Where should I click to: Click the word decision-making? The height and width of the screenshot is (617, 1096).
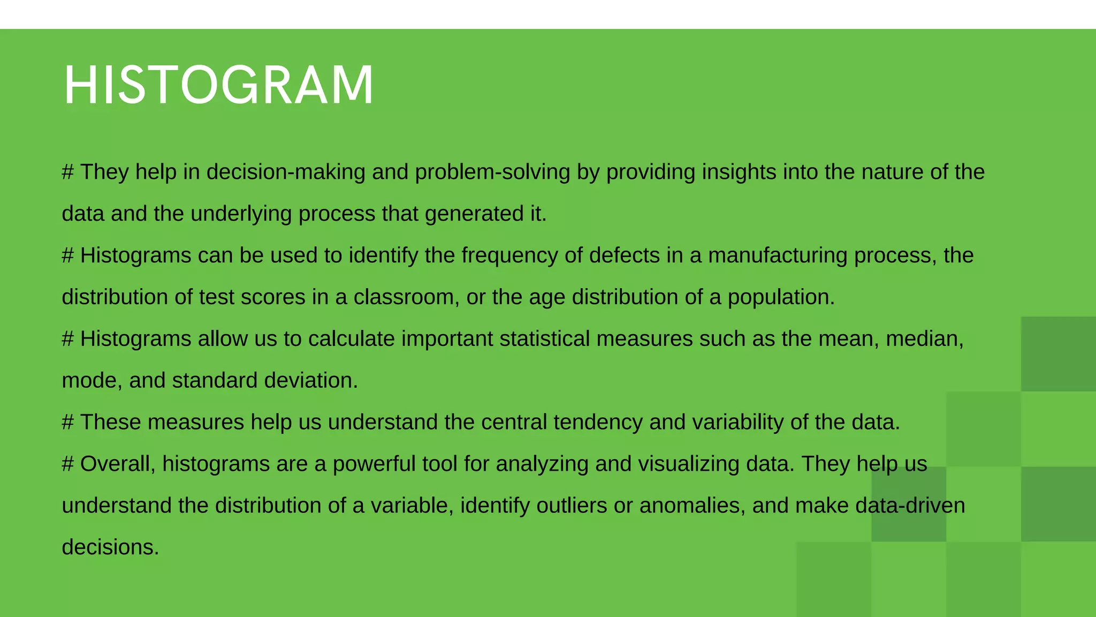[x=286, y=172]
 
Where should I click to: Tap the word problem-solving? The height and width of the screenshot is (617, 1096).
[x=492, y=172]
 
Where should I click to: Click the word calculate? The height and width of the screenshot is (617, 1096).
[x=351, y=339]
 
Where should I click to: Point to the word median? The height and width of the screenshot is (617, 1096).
[x=924, y=339]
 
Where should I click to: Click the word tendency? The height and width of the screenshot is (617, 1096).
[x=598, y=423]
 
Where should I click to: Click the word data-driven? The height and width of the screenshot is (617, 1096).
[x=910, y=506]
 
